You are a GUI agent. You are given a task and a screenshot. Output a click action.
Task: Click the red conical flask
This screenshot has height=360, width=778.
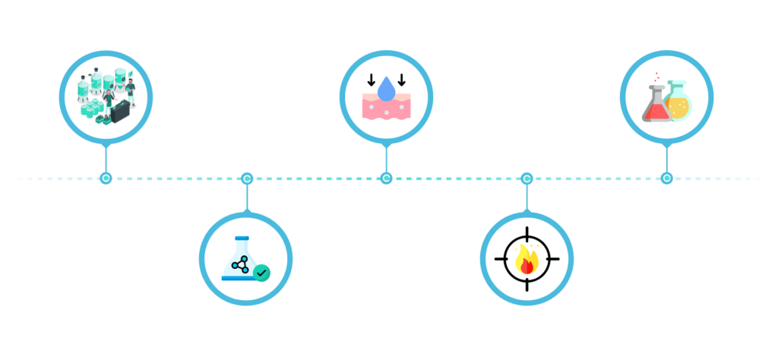(655, 106)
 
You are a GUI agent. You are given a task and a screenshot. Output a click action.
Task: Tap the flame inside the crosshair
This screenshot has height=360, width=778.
(527, 261)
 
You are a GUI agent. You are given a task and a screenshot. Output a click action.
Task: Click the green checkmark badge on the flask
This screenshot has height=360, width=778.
(261, 271)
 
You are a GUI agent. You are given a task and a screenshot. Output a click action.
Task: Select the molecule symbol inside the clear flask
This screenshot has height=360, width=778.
(241, 264)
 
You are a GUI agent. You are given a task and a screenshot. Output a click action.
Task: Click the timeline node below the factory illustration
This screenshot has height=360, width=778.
(106, 178)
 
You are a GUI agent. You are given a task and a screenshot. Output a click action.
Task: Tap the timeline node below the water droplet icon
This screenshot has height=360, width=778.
(387, 178)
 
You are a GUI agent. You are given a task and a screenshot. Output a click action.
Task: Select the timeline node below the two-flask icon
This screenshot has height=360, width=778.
(666, 178)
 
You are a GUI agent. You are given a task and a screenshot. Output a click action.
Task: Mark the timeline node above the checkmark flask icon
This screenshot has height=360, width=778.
(246, 178)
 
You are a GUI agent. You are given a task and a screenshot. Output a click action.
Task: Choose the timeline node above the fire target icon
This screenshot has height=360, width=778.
(527, 178)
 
